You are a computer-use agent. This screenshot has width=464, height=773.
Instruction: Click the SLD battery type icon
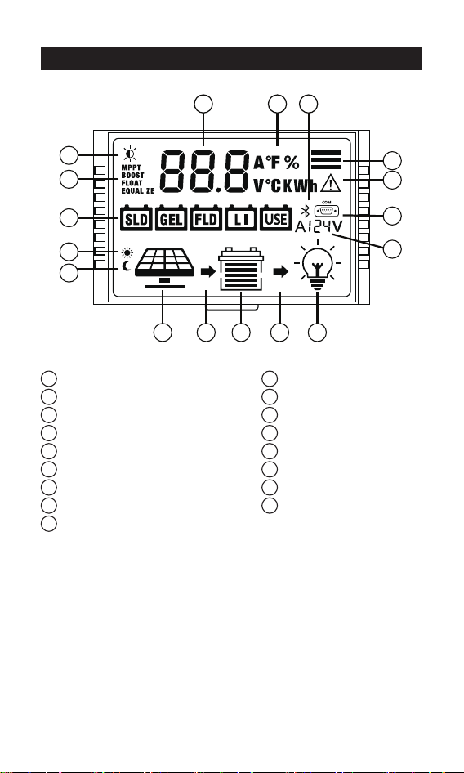coord(136,218)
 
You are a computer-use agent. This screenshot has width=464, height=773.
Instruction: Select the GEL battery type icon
coord(171,218)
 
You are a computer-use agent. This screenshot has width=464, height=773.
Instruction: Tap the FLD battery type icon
coord(206,218)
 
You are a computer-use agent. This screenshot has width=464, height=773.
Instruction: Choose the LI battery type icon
coord(241,218)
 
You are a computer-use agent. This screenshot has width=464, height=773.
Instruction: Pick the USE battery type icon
coord(275,218)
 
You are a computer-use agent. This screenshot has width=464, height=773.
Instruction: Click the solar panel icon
coord(165,268)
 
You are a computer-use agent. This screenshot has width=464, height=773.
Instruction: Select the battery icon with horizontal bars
coord(241,269)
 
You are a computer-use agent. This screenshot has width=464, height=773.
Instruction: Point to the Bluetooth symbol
coord(306,211)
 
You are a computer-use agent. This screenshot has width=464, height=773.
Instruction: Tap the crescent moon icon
coord(127,266)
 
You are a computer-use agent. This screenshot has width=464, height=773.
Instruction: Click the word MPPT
coord(132,168)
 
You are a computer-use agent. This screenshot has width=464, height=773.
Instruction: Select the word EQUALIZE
coord(138,190)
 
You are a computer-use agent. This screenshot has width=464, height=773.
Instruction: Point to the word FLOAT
coord(132,183)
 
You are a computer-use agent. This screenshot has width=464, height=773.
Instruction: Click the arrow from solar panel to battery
coord(208,271)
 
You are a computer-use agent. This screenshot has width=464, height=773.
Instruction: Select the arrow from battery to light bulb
coord(281,271)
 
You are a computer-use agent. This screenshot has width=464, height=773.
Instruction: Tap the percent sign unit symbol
coord(292,162)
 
